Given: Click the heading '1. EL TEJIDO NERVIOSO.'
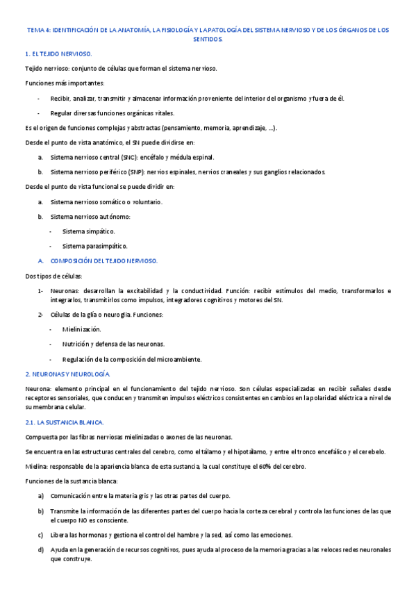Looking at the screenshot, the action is click(58, 53).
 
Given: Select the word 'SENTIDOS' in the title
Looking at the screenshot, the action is click(208, 40).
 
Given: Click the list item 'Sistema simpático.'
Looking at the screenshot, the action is click(89, 231).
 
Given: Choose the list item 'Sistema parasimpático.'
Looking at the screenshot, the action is click(95, 246).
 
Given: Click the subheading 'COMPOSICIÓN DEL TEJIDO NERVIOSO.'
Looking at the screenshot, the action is click(105, 260).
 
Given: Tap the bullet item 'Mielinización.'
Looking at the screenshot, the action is click(82, 329).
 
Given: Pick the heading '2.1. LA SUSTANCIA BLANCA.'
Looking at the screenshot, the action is click(64, 422).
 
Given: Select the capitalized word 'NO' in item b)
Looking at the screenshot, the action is click(77, 520).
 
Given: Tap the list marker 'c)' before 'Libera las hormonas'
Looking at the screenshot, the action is click(41, 534).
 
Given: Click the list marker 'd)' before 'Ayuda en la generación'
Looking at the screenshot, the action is click(41, 549).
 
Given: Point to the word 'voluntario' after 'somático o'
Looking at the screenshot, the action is click(147, 201).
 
